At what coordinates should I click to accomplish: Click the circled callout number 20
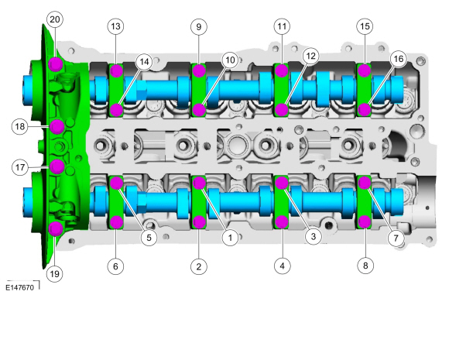(55, 19)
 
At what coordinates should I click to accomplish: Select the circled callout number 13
(115, 26)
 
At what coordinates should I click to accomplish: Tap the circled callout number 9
(198, 27)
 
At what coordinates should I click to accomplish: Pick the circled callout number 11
(282, 26)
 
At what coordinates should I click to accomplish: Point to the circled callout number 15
(365, 26)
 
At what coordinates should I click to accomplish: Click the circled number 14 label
(144, 62)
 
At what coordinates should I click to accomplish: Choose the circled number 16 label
(399, 59)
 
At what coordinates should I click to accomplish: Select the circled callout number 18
(20, 126)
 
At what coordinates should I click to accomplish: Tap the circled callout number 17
(20, 167)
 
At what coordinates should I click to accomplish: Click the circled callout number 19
(54, 274)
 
